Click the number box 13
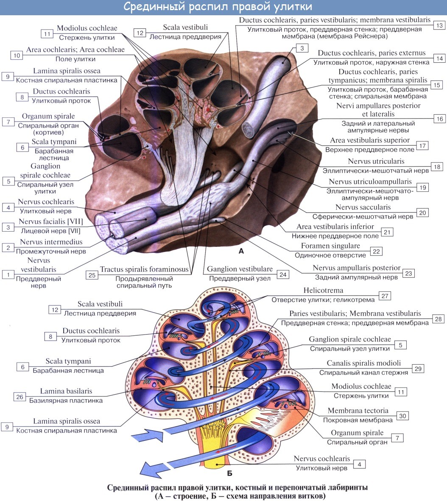[439, 25]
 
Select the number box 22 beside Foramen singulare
[376, 251]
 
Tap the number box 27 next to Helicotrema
[384, 296]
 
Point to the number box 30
[402, 415]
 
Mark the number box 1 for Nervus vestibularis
[8, 274]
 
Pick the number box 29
[418, 368]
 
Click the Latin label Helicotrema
[323, 291]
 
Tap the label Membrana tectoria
[358, 411]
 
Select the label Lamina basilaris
[66, 391]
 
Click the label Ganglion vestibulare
[239, 269]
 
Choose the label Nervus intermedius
[51, 243]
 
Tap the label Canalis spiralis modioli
[363, 363]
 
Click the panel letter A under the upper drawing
[241, 251]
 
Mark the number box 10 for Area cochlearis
[17, 55]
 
